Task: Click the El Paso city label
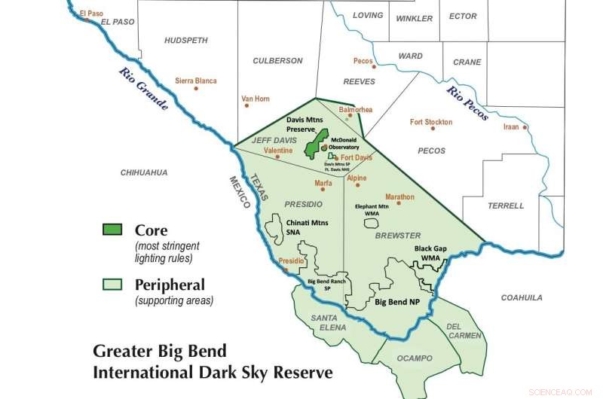tap(90, 13)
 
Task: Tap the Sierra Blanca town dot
tap(196, 89)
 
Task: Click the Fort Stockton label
tap(430, 122)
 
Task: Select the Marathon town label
tap(399, 197)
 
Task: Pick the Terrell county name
tap(505, 206)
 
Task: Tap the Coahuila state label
tap(522, 297)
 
